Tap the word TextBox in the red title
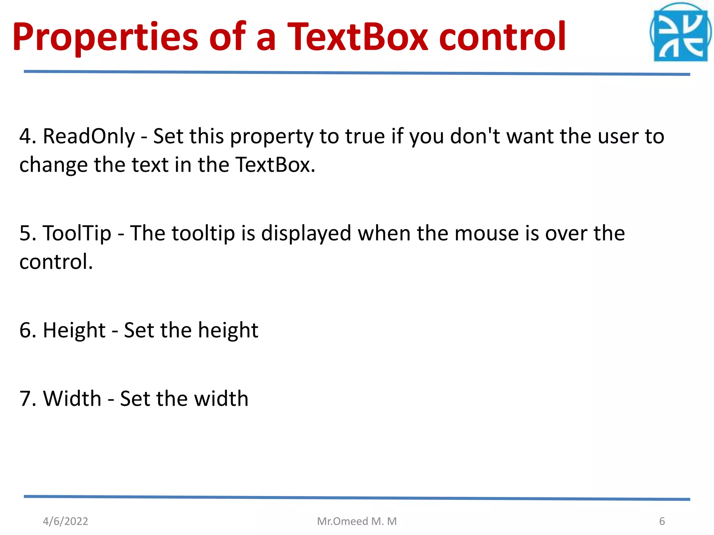357,37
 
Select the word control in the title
502,37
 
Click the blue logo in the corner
680,33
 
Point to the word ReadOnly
89,136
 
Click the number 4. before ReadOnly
28,136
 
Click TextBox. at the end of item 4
275,165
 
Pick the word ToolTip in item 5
77,233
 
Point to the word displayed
306,234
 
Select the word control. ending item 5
56,262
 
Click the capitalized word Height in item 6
74,330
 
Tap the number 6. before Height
28,330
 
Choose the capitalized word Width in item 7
72,398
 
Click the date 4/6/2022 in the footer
66,521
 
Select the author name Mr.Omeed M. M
357,521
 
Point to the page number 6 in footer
662,521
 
